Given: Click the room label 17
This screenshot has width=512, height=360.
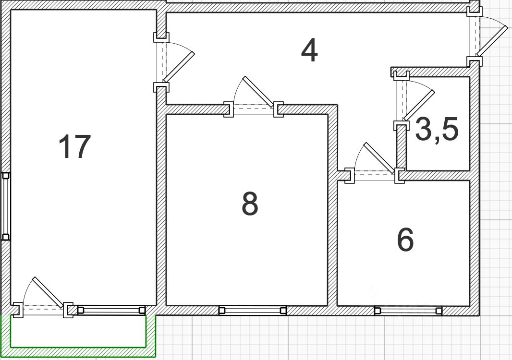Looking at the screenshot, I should coord(74,147).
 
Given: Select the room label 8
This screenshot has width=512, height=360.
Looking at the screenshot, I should coord(250,204).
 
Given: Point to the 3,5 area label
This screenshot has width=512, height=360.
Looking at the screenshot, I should coord(436,130).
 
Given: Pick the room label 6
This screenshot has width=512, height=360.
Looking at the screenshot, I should coord(405,240).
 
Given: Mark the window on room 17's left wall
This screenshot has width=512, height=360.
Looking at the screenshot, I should coord(6,206).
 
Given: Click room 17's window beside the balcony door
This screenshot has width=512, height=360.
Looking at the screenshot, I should coord(110,311).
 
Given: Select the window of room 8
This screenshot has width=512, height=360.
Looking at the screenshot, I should coord(253,311).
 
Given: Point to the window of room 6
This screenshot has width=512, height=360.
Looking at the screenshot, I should coord(408,311).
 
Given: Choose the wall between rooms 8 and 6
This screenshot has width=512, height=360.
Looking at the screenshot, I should coord(332,240).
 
